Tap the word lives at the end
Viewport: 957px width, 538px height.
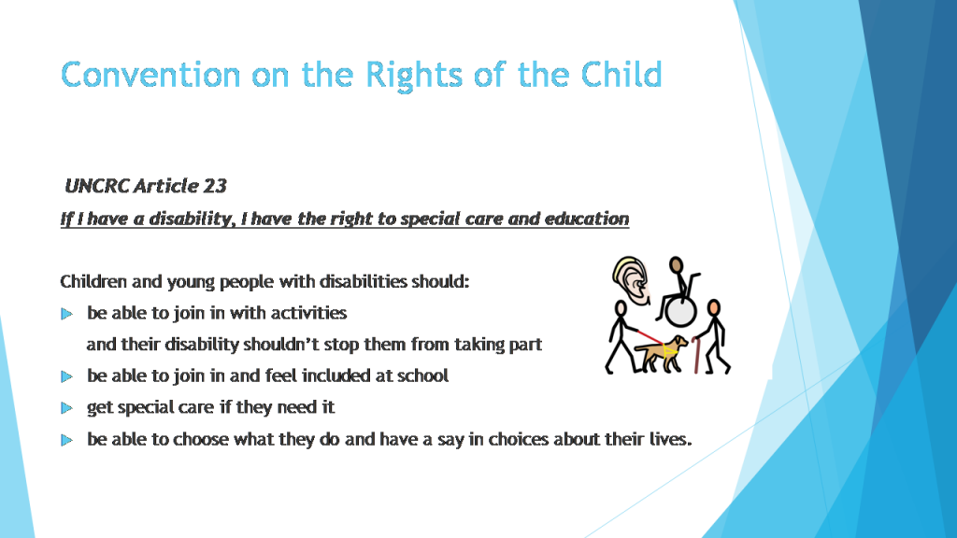(669, 440)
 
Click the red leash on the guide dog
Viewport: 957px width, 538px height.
(643, 336)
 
